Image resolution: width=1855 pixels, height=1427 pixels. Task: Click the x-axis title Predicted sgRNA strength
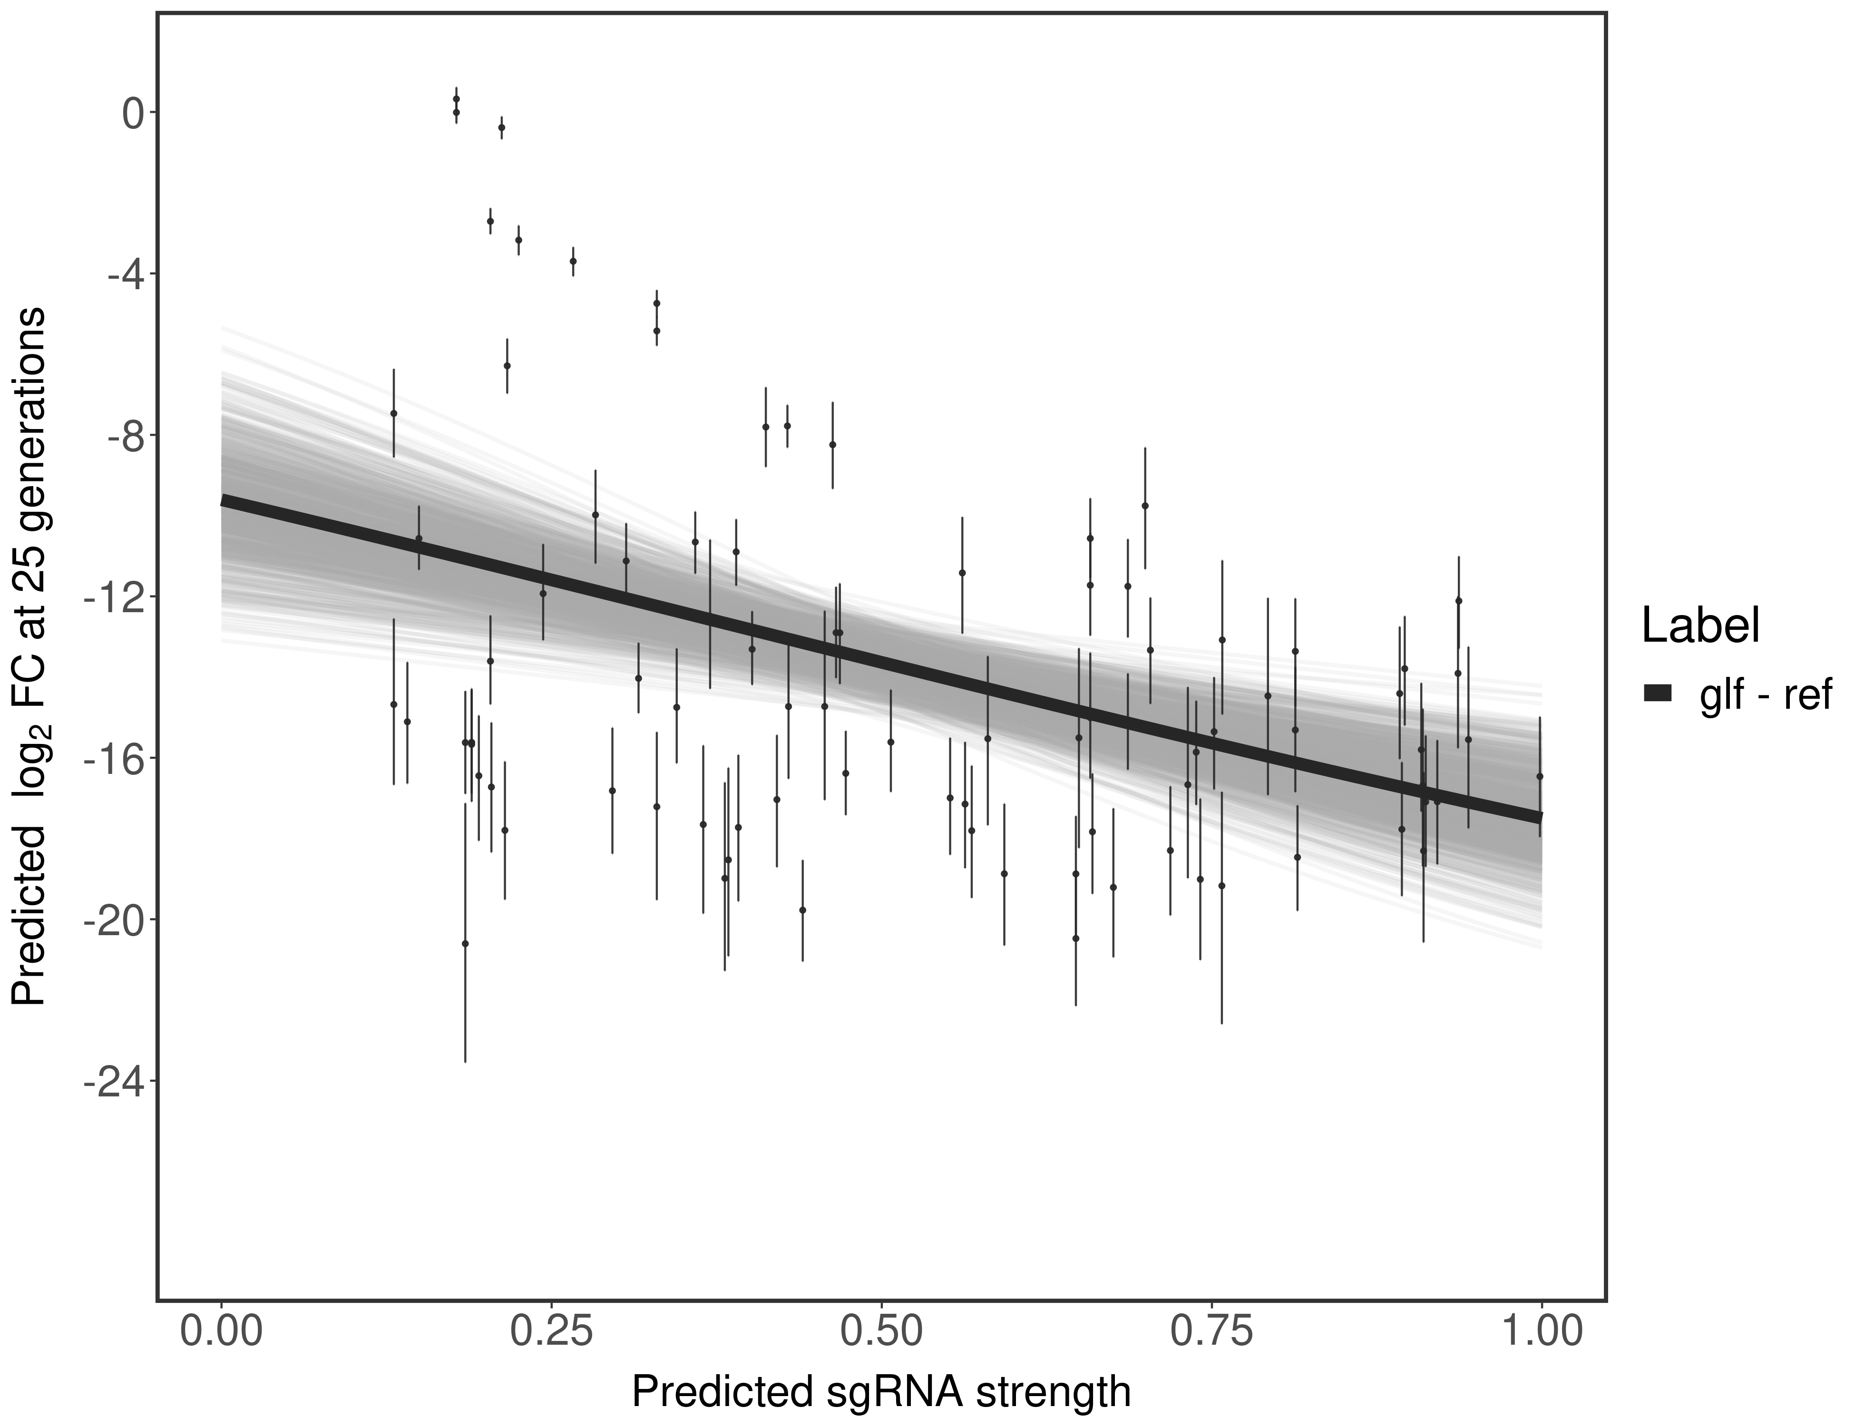pyautogui.click(x=881, y=1393)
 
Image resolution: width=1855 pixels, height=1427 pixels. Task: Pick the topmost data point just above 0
pyautogui.click(x=456, y=98)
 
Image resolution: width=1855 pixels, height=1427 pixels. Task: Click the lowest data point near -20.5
pyautogui.click(x=465, y=943)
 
